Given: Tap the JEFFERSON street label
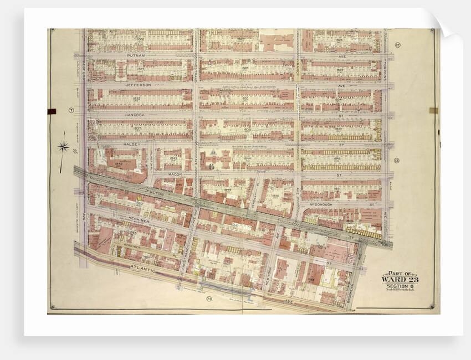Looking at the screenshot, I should click(x=138, y=85).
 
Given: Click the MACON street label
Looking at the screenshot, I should click(x=175, y=174).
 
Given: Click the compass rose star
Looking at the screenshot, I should click(x=63, y=147).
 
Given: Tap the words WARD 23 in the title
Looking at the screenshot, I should click(x=400, y=279).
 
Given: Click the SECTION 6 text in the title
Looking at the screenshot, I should click(x=400, y=286).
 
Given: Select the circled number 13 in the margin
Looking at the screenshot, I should click(x=397, y=161).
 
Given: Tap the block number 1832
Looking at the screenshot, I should click(x=136, y=99).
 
